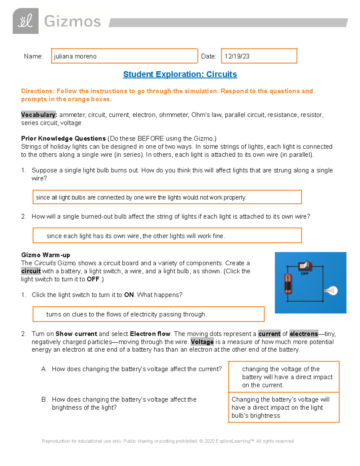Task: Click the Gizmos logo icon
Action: [x=25, y=21]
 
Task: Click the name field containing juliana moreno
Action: [x=124, y=56]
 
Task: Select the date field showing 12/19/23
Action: [x=259, y=56]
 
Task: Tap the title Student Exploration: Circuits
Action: [x=180, y=74]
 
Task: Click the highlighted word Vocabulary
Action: [x=39, y=115]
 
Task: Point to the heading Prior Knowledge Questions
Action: [x=63, y=139]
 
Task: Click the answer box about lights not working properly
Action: [x=167, y=197]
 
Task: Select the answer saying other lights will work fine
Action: [x=167, y=236]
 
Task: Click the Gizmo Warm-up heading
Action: [x=46, y=255]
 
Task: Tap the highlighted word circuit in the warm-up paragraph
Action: [x=31, y=271]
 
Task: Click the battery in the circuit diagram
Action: [x=288, y=283]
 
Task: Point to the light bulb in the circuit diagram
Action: [x=331, y=290]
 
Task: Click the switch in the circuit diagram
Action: [x=305, y=266]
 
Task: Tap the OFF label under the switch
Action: [x=305, y=274]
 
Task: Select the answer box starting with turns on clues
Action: [x=148, y=314]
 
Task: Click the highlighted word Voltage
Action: [x=202, y=342]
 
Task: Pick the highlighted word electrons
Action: [x=304, y=334]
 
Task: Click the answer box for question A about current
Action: [x=284, y=377]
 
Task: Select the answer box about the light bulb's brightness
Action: [x=284, y=407]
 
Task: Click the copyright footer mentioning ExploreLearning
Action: [x=168, y=441]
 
